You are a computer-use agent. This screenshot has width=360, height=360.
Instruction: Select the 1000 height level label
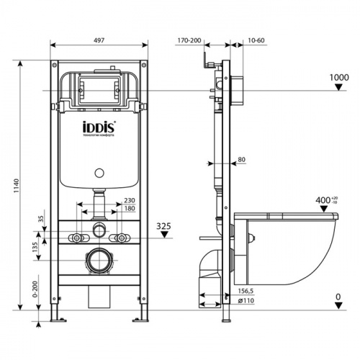[338, 76]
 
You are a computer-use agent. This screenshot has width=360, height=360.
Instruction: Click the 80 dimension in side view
[241, 159]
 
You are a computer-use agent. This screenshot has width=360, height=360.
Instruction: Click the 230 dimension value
[129, 201]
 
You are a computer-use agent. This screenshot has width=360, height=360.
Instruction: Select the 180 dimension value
[129, 209]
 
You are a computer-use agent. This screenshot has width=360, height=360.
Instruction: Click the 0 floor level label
[338, 297]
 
